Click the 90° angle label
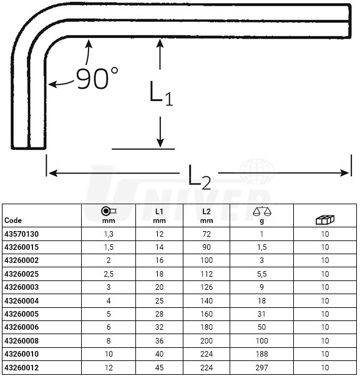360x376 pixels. [x=97, y=78]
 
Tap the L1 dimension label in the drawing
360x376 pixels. [x=161, y=94]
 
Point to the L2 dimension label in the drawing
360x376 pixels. [x=199, y=177]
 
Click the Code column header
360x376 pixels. [x=13, y=220]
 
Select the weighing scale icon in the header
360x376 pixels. [x=262, y=211]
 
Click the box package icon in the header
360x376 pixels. [x=325, y=219]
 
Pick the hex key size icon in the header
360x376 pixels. [x=109, y=211]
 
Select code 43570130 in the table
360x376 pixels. [x=22, y=234]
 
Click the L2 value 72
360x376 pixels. [x=207, y=234]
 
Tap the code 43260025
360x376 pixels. [x=22, y=274]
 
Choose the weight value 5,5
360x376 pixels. [x=262, y=274]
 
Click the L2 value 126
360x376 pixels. [x=207, y=287]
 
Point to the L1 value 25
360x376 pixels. [x=159, y=300]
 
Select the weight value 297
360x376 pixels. [x=262, y=367]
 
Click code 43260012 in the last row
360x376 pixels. [x=22, y=367]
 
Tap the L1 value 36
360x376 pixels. [x=159, y=341]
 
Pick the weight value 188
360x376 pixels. [x=262, y=354]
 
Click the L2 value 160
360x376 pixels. [x=207, y=314]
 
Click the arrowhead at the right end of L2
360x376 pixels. [x=345, y=172]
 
